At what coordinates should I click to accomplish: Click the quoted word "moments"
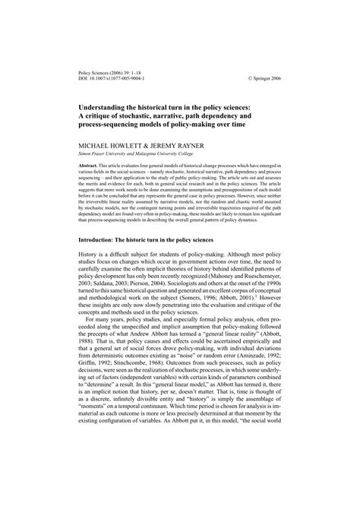[x=96, y=447]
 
